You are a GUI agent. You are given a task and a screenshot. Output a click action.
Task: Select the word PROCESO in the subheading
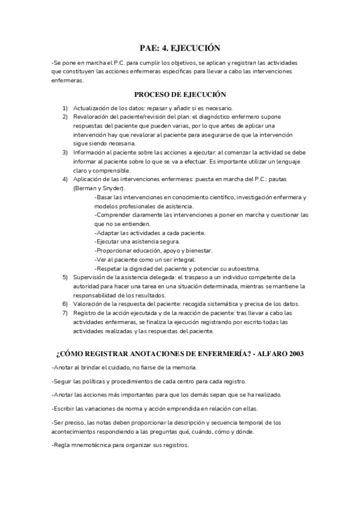coord(154,94)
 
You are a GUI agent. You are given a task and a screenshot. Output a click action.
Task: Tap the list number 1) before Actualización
coord(65,107)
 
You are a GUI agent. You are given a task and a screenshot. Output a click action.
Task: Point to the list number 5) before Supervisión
coord(65,277)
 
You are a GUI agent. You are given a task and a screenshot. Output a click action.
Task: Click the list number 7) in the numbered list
coord(65,313)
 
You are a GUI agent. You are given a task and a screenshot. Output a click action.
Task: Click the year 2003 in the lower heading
coord(292,353)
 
